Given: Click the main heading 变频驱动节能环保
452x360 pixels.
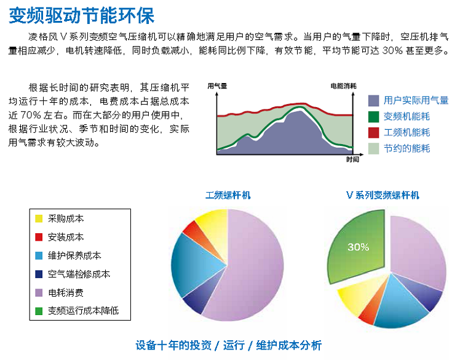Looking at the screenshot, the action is pos(82,15).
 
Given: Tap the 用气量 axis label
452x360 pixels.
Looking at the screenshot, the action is pos(217,86).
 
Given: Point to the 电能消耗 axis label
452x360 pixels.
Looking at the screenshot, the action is pos(343,86).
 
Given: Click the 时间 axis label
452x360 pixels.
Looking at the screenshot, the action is pos(352,159).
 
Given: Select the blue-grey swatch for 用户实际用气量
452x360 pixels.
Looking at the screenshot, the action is pos(374,101).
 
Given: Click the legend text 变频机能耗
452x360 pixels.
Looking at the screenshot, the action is pos(406,116).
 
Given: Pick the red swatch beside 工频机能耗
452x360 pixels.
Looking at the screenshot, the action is pos(374,133).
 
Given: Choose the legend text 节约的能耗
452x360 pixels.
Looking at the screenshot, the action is pos(406,148).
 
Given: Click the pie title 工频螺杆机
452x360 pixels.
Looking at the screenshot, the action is pos(228,195).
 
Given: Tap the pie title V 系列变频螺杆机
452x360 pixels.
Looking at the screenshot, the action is pos(383,195).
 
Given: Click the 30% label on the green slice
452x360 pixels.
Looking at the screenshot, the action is pos(358,247).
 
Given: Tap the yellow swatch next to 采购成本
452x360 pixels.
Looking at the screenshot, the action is pos(39,218).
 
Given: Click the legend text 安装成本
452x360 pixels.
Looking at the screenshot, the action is pos(66,237).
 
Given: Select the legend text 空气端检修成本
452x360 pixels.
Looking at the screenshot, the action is pos(79,274).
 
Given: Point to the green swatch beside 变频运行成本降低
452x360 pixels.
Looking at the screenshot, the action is pos(39,311).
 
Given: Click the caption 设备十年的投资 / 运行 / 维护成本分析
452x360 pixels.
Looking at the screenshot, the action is pos(229,345).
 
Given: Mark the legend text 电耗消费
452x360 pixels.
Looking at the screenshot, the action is pos(66,292).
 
